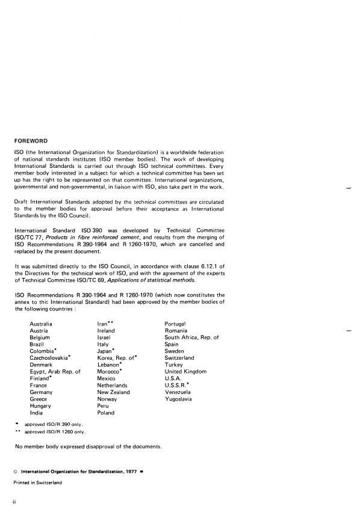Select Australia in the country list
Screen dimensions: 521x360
tap(41, 324)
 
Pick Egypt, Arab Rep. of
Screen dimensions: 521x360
tap(55, 372)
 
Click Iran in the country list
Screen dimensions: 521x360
tap(102, 324)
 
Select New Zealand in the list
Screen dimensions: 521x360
tap(113, 392)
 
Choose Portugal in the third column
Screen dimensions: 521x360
tap(175, 324)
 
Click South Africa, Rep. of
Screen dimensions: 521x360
tap(191, 338)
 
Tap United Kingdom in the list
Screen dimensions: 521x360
tap(185, 372)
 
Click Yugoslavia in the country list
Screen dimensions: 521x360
tap(179, 399)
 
